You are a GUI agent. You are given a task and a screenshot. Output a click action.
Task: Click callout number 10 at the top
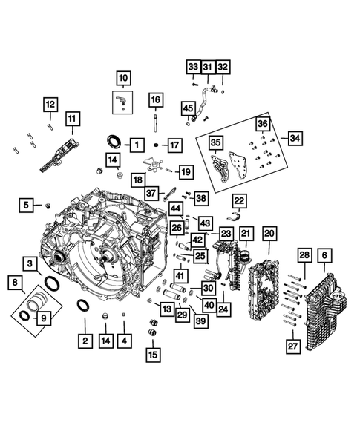(x=122, y=77)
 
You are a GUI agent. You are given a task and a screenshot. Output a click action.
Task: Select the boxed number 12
(x=50, y=104)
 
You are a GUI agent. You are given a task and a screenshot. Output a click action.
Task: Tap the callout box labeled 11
(x=72, y=119)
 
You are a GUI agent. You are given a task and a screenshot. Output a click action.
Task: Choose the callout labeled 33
(x=192, y=67)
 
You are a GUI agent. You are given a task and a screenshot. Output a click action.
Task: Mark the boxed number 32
(x=223, y=67)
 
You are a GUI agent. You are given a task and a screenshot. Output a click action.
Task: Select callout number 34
(x=295, y=139)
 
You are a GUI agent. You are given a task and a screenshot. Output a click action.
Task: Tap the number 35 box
(x=216, y=142)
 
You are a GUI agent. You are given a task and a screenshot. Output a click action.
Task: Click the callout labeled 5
(x=27, y=204)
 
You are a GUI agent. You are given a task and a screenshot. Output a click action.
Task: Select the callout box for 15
(x=153, y=355)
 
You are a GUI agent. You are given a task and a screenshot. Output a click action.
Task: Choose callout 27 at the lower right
(x=293, y=345)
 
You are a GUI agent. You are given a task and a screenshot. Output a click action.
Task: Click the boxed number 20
(x=269, y=234)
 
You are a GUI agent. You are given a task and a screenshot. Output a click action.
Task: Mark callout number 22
(x=239, y=200)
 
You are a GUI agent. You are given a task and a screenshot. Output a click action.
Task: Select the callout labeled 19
(x=185, y=172)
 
